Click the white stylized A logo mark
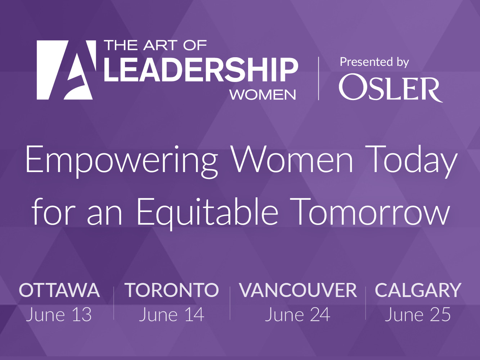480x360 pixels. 66,70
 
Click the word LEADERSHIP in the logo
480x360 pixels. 201,70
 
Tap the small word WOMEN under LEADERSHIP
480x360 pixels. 263,95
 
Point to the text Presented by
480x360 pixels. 374,62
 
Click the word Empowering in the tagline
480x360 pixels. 122,161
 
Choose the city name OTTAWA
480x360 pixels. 59,290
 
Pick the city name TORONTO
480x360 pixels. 172,290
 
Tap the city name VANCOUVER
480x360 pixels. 298,290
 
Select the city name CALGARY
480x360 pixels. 418,290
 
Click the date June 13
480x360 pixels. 59,315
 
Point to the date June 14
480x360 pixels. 172,315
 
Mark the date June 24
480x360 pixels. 297,315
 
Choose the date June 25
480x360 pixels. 417,315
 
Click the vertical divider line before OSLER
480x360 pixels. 318,78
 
